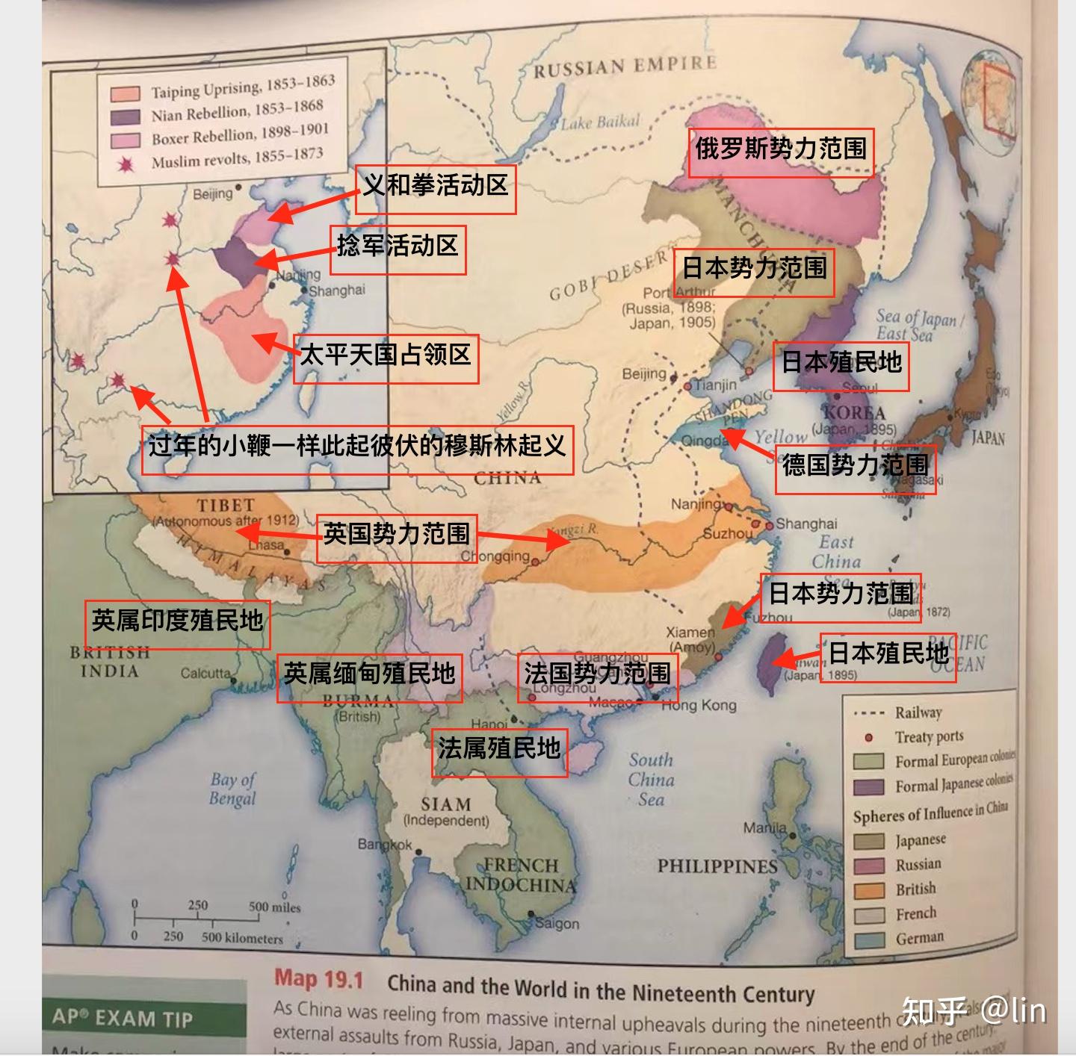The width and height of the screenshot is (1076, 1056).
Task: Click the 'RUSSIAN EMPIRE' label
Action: tap(625, 66)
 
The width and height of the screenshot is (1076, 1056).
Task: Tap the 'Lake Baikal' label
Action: tap(602, 122)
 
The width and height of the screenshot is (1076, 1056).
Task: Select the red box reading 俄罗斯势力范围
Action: tap(781, 150)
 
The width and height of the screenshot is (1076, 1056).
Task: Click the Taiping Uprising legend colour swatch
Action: tap(126, 94)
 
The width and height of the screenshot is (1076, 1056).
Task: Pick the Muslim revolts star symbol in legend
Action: tap(126, 164)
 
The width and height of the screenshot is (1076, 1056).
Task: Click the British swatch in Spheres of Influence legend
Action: tap(869, 890)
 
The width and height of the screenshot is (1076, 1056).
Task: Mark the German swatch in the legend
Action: tap(869, 940)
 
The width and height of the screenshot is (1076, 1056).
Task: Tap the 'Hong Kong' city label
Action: tap(699, 705)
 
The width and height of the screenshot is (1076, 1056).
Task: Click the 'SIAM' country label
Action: tap(445, 804)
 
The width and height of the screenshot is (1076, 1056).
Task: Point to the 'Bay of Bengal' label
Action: tap(232, 789)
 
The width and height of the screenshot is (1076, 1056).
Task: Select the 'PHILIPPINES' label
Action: tap(717, 866)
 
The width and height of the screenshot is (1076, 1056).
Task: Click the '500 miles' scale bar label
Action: tap(274, 908)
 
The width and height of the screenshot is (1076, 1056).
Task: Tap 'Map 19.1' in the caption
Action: tap(318, 979)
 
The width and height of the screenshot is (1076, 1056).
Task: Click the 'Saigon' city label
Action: tap(557, 924)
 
